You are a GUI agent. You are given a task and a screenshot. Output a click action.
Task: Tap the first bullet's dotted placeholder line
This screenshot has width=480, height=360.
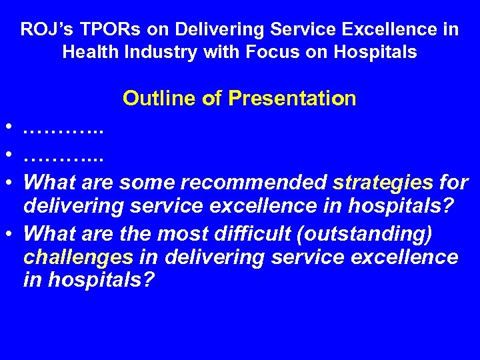tap(63, 129)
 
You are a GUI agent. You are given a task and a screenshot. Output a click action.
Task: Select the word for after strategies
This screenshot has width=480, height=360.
tap(453, 182)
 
